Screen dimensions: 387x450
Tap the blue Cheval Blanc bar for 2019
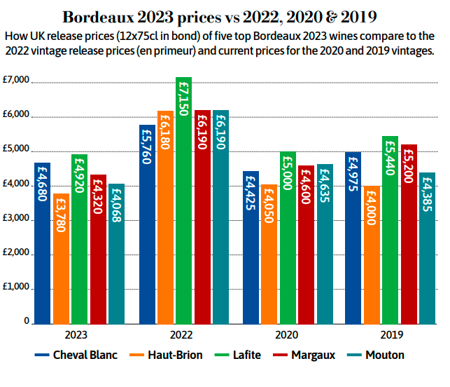click(353, 238)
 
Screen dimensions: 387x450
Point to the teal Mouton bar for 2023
click(116, 253)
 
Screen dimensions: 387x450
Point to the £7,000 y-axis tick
click(17, 81)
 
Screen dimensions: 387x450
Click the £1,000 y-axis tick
click(17, 288)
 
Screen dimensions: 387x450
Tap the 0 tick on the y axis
click(26, 322)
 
